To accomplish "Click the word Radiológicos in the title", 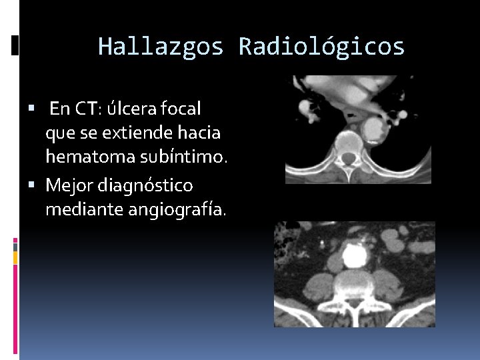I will pyautogui.click(x=321, y=47).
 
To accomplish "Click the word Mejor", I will pyautogui.click(x=69, y=184).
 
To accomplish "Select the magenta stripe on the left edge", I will pyautogui.click(x=15, y=243).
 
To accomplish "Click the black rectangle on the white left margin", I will pyautogui.click(x=15, y=45).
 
